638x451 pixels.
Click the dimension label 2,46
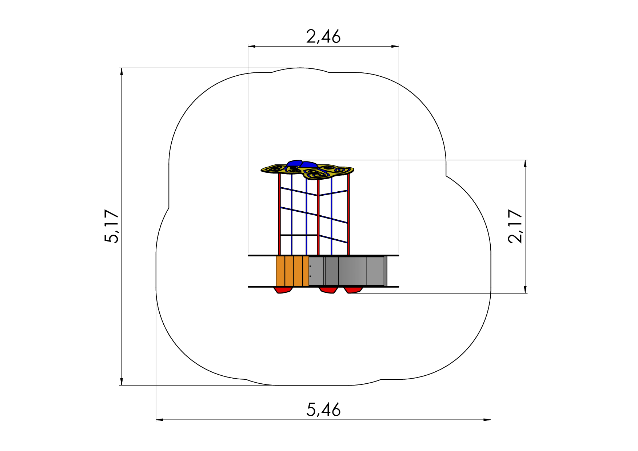[x=323, y=36]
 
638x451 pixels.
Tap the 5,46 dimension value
[x=324, y=410]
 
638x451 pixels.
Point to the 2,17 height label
[x=515, y=226]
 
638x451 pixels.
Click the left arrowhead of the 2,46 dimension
[x=252, y=46]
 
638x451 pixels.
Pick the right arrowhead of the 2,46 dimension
[x=395, y=46]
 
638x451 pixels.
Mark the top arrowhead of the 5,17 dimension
[x=121, y=72]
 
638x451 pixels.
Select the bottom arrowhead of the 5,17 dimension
[x=121, y=381]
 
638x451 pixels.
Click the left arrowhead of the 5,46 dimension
[x=160, y=420]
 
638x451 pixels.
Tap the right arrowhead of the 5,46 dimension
[x=487, y=420]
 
